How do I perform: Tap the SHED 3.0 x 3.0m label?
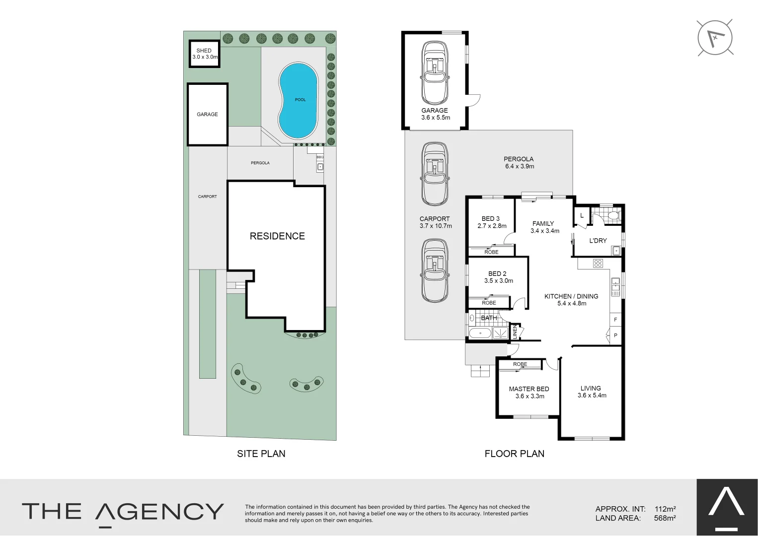(204, 54)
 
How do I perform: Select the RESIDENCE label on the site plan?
(277, 236)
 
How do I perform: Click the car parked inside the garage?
(435, 73)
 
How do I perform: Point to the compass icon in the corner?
(715, 38)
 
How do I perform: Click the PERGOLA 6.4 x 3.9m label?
(519, 163)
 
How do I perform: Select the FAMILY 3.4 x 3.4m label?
(544, 227)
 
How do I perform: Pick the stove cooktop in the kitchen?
(598, 264)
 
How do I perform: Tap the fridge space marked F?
(615, 320)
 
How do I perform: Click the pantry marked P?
(615, 335)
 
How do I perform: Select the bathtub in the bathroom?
(479, 333)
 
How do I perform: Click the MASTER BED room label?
(529, 392)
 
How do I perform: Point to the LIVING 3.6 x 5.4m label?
(591, 392)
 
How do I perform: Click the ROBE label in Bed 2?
(489, 303)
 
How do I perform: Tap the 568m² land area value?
(665, 518)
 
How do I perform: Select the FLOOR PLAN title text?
(514, 454)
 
